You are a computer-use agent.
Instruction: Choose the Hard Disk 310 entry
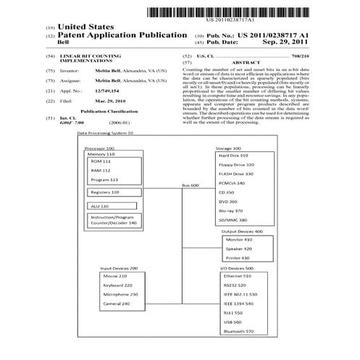tap(234, 156)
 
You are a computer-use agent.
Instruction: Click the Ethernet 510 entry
tap(238, 276)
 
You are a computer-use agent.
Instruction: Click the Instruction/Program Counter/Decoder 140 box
tap(113, 220)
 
